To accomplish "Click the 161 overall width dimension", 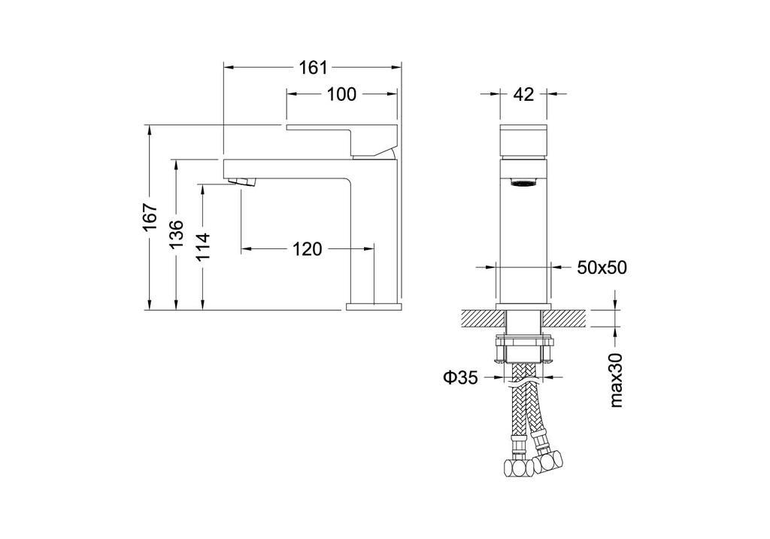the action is point(314,68).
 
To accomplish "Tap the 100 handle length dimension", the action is point(342,94).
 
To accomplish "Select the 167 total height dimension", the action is point(150,217).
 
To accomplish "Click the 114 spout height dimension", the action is point(203,246).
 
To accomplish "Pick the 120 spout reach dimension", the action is point(308,249).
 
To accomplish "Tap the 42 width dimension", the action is point(523,94).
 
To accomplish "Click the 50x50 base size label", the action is point(602,267).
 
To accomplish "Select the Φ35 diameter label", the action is point(460,377).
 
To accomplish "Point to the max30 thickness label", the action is point(616,380).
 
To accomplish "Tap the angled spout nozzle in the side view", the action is point(243,181).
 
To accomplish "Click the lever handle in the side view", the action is point(342,141).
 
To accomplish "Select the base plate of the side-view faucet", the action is point(374,307).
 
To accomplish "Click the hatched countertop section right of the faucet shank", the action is point(565,318).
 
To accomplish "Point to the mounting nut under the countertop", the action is point(523,349).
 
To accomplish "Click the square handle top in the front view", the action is point(523,142).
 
